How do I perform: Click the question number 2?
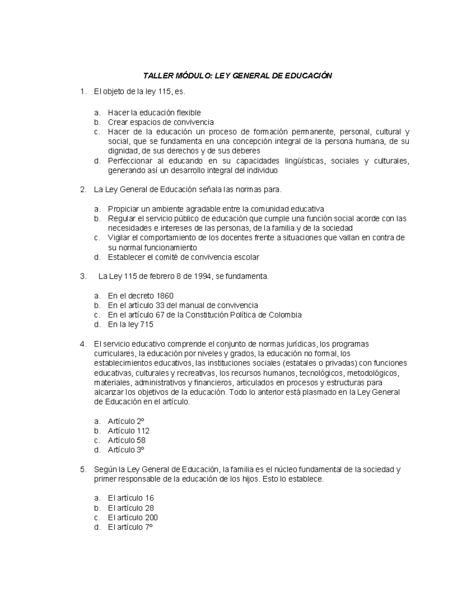tap(83, 190)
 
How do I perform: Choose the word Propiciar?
tap(123, 209)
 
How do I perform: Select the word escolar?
tap(247, 257)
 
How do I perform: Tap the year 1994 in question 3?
tap(203, 276)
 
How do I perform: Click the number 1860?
tap(165, 296)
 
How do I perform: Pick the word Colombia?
tap(285, 315)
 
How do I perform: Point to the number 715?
tap(146, 325)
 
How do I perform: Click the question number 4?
tap(83, 344)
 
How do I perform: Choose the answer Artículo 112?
tap(128, 431)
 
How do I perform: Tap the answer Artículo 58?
tap(126, 440)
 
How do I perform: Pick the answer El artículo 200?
tap(132, 518)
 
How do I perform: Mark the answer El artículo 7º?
tap(130, 527)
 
